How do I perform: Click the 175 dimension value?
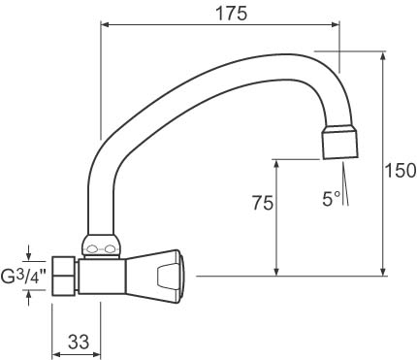(231, 14)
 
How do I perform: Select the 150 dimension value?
(401, 171)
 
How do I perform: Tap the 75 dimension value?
(263, 203)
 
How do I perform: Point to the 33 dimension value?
(79, 342)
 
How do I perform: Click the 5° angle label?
(332, 199)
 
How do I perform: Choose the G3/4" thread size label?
(24, 276)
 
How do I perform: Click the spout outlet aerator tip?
(340, 143)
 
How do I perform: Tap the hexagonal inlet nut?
(65, 276)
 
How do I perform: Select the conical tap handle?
(155, 277)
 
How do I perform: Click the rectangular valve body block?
(102, 277)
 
